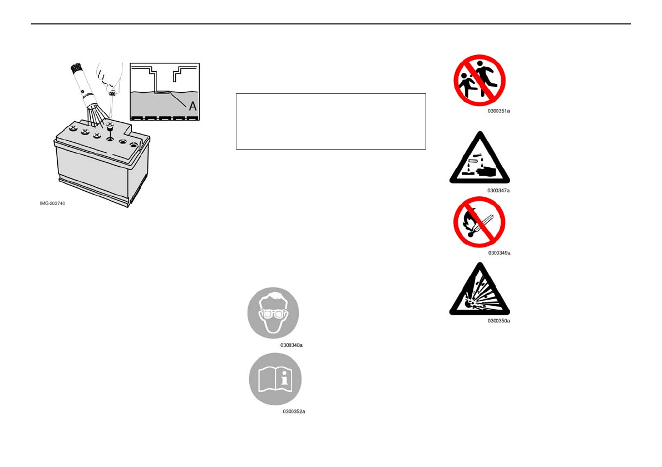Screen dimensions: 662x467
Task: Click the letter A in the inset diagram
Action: [192, 105]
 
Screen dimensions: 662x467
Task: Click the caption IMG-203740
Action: [52, 203]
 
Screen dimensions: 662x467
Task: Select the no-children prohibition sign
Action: [479, 80]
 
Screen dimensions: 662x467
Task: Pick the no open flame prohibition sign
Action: [479, 222]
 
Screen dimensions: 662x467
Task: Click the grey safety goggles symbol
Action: [273, 313]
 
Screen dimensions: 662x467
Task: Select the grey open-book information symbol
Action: [275, 379]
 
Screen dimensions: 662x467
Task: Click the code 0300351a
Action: [499, 111]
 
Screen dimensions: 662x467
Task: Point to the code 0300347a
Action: [498, 190]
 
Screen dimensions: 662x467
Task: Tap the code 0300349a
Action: [499, 253]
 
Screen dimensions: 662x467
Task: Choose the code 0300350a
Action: [498, 321]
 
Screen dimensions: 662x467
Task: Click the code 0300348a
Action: [292, 345]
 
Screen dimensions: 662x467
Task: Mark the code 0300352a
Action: [294, 411]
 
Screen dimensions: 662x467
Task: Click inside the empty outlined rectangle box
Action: [331, 121]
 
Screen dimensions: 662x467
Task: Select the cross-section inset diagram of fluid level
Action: [165, 92]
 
